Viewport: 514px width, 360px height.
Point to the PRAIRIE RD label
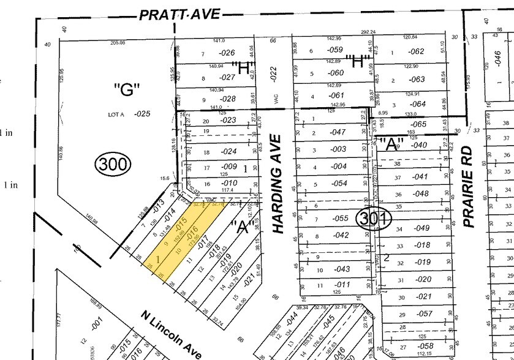pyautogui.click(x=469, y=186)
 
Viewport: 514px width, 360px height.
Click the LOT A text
pyautogui.click(x=116, y=114)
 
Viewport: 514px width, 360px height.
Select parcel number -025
pyautogui.click(x=143, y=113)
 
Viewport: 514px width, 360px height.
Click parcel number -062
pyautogui.click(x=416, y=52)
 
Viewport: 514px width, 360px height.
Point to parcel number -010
pyautogui.click(x=229, y=183)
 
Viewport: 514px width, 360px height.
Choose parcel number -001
pyautogui.click(x=95, y=325)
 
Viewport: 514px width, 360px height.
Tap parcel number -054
pyautogui.click(x=339, y=183)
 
